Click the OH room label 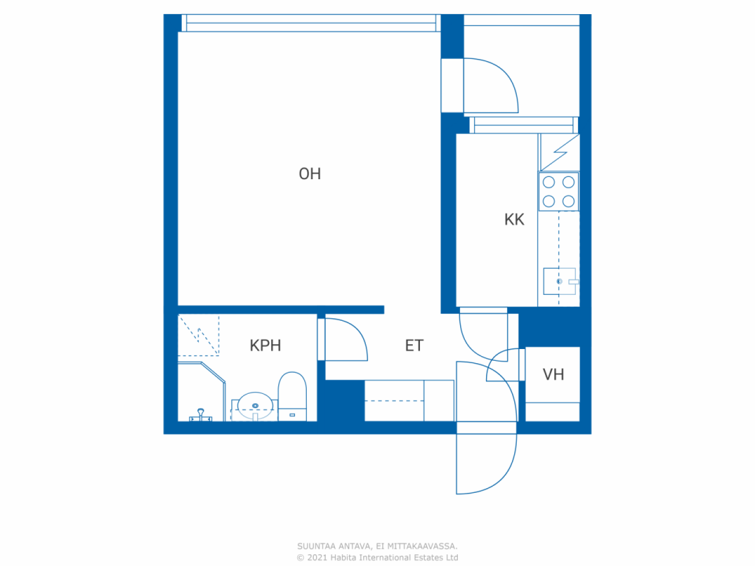[310, 174]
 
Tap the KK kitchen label [514, 219]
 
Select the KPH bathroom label [265, 345]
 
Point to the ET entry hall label [414, 345]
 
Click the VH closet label [553, 374]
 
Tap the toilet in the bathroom [292, 396]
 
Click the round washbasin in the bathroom [255, 406]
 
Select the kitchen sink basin [559, 281]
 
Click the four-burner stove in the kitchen [559, 192]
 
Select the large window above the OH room [311, 23]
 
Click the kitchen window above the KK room [524, 125]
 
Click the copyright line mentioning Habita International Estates [377, 557]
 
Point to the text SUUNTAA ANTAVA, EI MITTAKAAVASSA [377, 546]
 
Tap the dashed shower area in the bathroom [198, 335]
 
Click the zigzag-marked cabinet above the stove [560, 152]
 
